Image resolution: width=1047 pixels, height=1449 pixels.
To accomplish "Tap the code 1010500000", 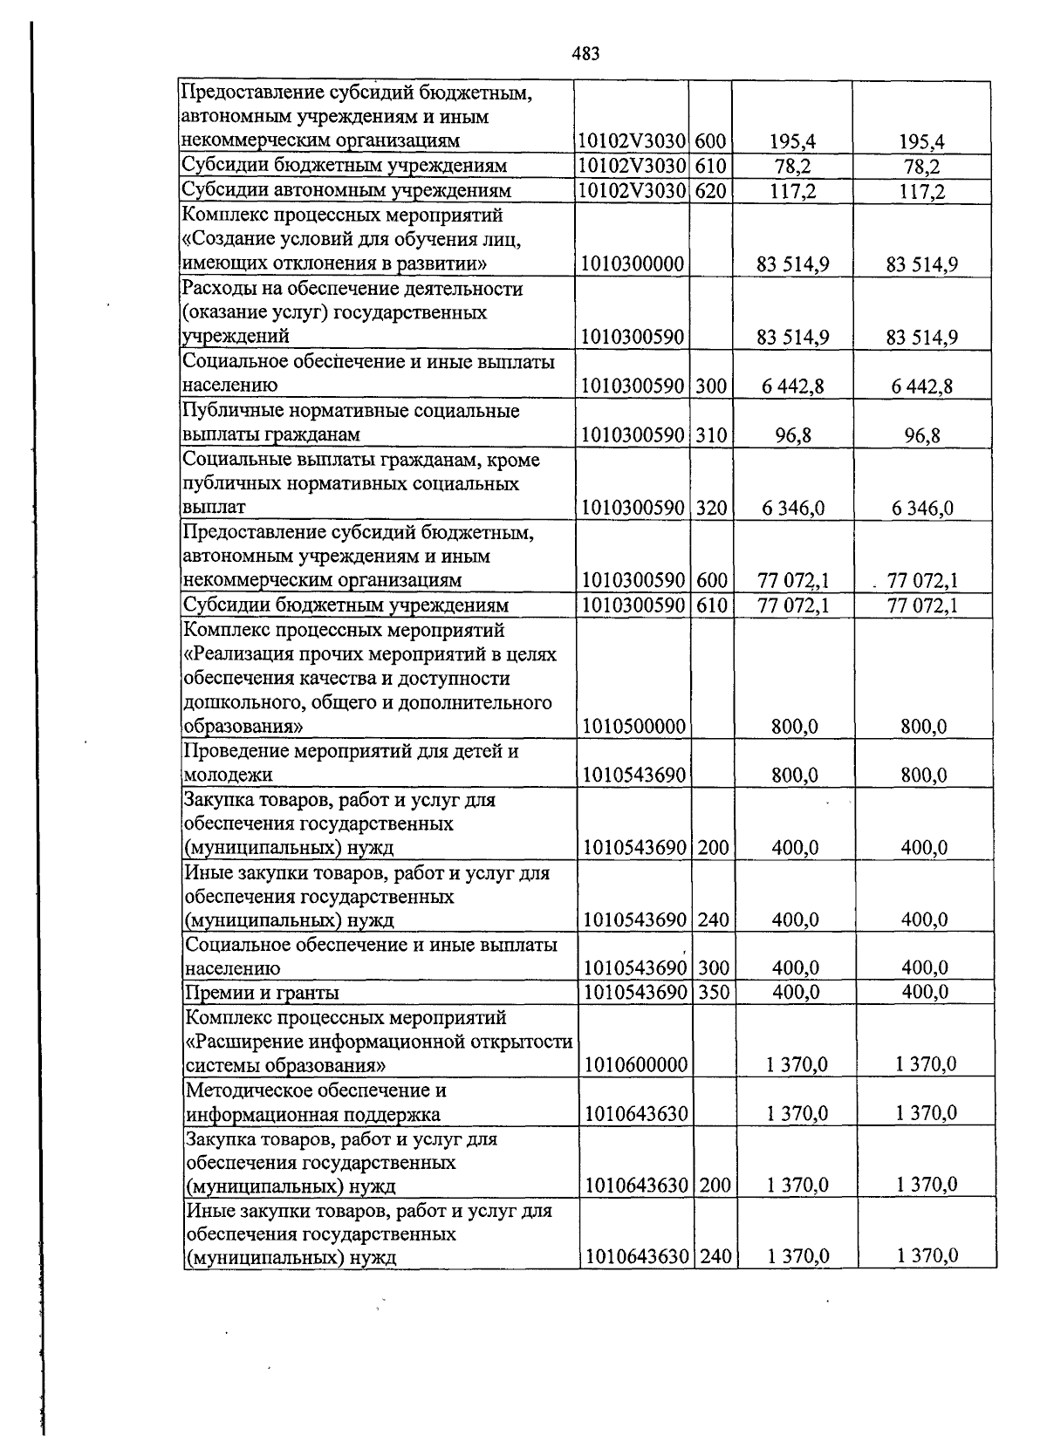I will [634, 727].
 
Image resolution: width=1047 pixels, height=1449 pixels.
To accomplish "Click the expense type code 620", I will [711, 191].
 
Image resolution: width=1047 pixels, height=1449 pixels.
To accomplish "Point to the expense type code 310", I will [712, 434].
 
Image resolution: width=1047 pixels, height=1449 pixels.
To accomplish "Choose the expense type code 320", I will [712, 508].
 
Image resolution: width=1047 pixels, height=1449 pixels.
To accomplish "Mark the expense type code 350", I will [714, 993].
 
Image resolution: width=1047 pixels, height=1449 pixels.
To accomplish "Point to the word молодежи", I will [226, 776].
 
